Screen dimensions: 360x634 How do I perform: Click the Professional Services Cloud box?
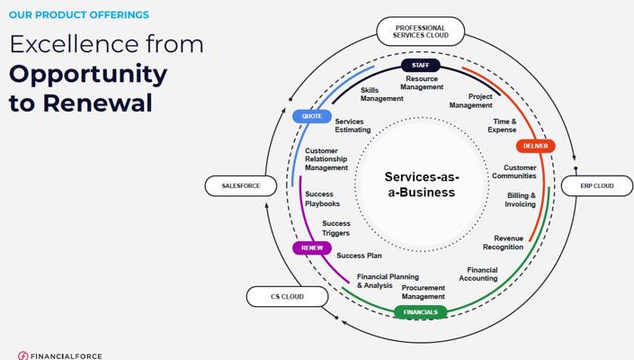tap(420, 31)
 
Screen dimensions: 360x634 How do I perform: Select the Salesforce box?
tap(240, 186)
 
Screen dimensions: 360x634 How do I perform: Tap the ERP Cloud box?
tap(596, 186)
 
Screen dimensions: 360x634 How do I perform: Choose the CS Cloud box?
tap(287, 296)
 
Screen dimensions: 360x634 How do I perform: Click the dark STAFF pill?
tap(420, 66)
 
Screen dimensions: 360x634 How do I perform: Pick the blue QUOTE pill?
tap(311, 116)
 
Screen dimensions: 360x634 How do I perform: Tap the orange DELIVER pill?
tap(535, 146)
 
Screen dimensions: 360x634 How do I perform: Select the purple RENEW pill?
tap(311, 247)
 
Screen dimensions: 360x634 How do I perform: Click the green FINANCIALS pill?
tap(420, 312)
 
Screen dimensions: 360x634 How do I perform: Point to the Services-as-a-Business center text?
tap(420, 184)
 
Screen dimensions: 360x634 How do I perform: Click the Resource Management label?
tap(421, 83)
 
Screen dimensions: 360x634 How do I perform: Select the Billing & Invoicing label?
tap(521, 200)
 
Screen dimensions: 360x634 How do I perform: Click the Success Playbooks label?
tap(322, 199)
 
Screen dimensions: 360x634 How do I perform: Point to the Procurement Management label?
tap(423, 292)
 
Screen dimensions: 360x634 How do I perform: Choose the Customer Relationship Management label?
tap(326, 159)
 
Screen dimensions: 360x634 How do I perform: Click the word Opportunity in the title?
tap(88, 74)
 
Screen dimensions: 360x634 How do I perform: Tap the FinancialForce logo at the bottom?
tap(60, 355)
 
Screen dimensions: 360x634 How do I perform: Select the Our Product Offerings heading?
tap(79, 14)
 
